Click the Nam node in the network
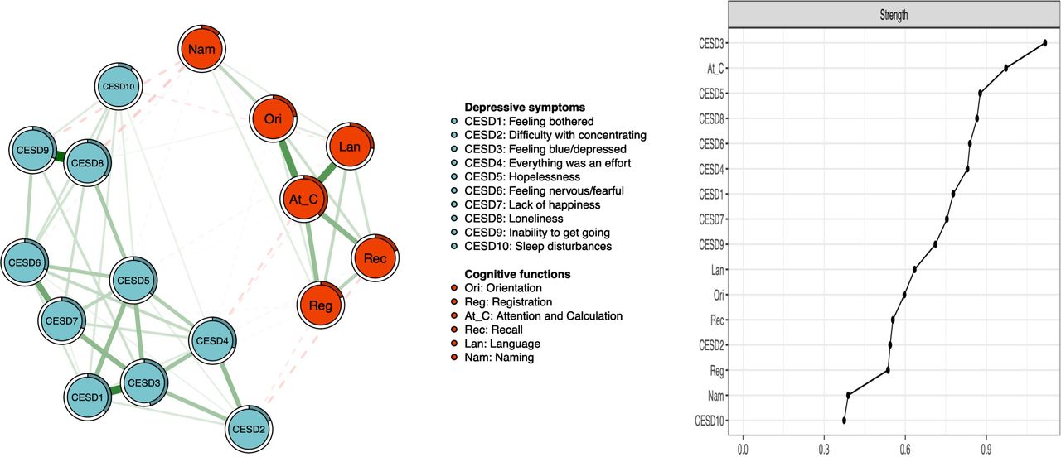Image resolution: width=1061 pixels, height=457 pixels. tap(201, 49)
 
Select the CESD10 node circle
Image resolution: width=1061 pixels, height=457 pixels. tap(119, 87)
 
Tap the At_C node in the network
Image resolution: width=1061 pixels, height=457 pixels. tap(303, 200)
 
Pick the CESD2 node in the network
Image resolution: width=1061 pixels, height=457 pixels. tap(249, 429)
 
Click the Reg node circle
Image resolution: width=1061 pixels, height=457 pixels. tap(321, 305)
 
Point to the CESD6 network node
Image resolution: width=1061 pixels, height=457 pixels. tap(25, 262)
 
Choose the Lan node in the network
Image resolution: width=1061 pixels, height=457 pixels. tap(350, 147)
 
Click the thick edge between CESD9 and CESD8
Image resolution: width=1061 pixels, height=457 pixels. tap(60, 156)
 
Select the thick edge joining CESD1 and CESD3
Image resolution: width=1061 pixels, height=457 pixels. tap(115, 390)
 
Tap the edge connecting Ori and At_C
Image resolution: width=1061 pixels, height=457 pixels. tap(288, 159)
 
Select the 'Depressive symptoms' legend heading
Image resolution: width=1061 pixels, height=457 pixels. tap(525, 108)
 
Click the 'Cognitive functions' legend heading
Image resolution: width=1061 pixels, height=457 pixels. tap(517, 274)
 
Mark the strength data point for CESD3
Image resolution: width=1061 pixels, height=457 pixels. tap(1045, 43)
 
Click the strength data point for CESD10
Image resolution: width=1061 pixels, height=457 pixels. tap(844, 420)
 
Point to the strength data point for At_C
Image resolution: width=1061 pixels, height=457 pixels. tap(1005, 68)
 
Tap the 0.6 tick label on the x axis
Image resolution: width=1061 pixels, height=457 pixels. tap(904, 449)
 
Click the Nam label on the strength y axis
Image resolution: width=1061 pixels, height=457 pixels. tap(715, 396)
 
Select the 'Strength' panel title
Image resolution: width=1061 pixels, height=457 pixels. tap(894, 15)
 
